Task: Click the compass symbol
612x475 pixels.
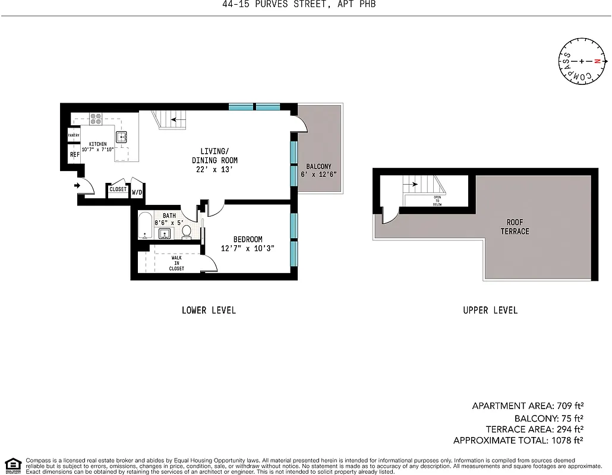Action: point(582,61)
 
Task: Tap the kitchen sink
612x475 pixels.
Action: point(122,137)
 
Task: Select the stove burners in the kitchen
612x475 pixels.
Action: point(96,118)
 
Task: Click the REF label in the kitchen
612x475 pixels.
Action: point(74,154)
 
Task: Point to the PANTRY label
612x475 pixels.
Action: point(74,135)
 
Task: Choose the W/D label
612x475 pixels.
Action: point(137,192)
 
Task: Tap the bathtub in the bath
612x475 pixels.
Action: point(146,226)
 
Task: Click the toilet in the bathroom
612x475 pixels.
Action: point(187,230)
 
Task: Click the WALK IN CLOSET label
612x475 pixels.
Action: point(176,263)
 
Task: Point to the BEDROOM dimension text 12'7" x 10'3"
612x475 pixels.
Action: point(247,248)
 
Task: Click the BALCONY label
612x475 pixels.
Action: point(318,166)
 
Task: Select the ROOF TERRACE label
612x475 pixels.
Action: point(515,227)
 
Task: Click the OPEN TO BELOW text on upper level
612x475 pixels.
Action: point(437,200)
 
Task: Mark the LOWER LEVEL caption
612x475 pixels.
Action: point(209,310)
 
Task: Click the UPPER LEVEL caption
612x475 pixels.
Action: point(490,310)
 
